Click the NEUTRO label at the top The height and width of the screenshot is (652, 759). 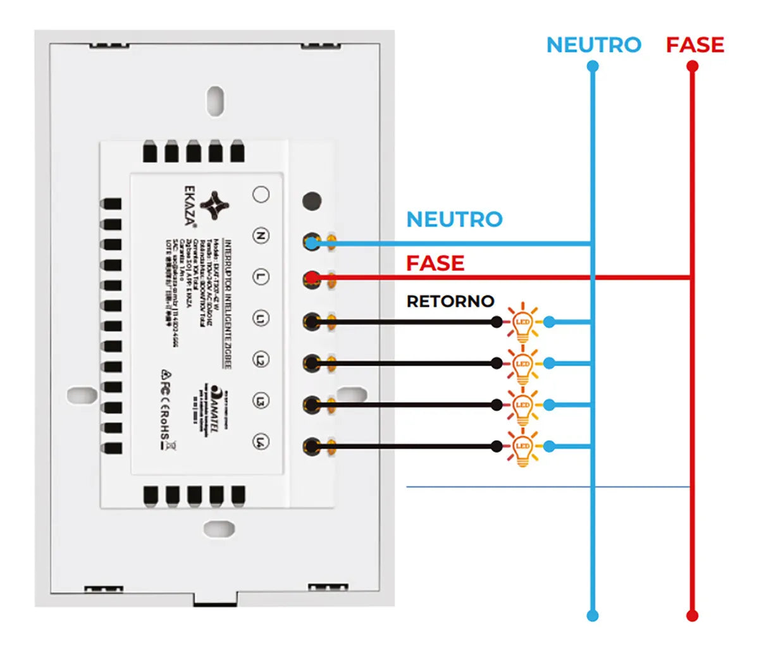tap(593, 45)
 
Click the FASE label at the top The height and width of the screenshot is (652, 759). tap(694, 45)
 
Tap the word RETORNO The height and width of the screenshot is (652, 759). tap(450, 302)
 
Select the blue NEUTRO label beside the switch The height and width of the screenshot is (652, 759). tap(454, 219)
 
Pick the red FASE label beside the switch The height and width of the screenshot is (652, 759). tap(435, 263)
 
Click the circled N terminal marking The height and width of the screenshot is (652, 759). tap(261, 236)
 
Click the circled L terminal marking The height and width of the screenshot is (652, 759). tap(261, 277)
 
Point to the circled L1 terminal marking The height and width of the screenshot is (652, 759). tap(261, 318)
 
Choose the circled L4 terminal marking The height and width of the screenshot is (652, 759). tap(261, 441)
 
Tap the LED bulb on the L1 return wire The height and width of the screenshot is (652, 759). tap(522, 323)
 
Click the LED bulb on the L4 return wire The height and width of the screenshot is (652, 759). tap(522, 446)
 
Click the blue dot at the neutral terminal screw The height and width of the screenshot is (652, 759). tap(311, 243)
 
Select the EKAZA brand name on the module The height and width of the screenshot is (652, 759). tap(190, 205)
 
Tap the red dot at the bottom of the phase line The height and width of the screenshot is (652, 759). tap(693, 615)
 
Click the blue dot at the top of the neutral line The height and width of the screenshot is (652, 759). tap(593, 66)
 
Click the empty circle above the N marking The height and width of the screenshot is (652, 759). tap(261, 194)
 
